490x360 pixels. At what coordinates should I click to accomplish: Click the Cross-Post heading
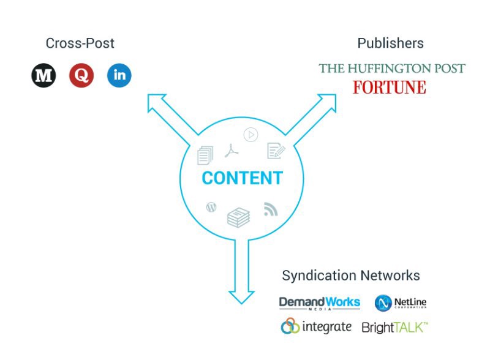click(x=80, y=43)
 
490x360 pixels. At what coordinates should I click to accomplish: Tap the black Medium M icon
click(x=43, y=76)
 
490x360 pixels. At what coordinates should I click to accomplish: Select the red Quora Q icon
click(x=81, y=76)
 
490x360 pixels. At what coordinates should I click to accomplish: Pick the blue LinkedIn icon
click(x=119, y=76)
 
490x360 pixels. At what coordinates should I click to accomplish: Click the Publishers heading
click(x=390, y=43)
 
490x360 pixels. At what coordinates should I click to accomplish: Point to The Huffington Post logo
click(x=392, y=68)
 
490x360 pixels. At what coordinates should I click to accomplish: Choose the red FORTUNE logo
click(x=389, y=88)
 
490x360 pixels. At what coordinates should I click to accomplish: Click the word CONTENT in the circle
click(x=242, y=178)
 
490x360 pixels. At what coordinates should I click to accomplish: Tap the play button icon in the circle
click(x=251, y=135)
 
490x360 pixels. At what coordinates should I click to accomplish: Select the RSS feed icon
click(x=271, y=209)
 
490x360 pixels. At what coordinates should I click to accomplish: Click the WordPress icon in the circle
click(x=211, y=207)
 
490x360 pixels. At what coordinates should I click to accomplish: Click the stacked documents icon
click(x=205, y=156)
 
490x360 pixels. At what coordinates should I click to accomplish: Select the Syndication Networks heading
click(x=351, y=276)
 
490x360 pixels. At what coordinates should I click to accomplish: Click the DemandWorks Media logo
click(x=320, y=303)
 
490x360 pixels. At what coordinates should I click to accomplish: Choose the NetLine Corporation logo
click(x=401, y=303)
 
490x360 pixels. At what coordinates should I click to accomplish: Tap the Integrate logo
click(x=316, y=327)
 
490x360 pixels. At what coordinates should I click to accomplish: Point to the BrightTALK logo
click(x=394, y=328)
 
